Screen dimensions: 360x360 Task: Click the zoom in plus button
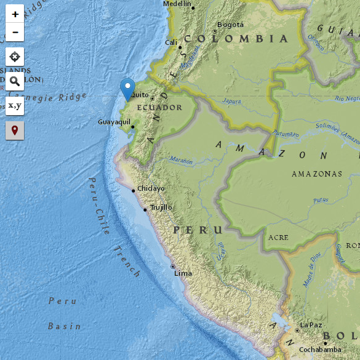coord(15,14)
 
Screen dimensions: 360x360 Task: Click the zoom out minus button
coord(15,32)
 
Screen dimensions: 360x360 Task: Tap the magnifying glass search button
coord(15,81)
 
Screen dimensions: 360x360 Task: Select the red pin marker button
coord(15,130)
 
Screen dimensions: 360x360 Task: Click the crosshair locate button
coord(15,57)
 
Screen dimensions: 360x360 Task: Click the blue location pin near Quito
coord(127,89)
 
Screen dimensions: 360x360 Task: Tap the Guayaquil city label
coord(114,122)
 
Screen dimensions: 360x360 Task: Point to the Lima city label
coord(183,273)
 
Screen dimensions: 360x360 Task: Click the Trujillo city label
coord(161,207)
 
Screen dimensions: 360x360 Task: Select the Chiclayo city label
coord(151,188)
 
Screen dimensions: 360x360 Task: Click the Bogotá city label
coord(231,25)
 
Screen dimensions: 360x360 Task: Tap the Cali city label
coord(171,42)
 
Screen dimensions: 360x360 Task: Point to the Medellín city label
coord(177,4)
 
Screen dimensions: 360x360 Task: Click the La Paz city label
coord(311,325)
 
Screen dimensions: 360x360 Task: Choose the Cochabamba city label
coord(319,350)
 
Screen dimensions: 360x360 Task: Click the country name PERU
coord(197,230)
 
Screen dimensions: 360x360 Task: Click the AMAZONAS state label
coord(317,174)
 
